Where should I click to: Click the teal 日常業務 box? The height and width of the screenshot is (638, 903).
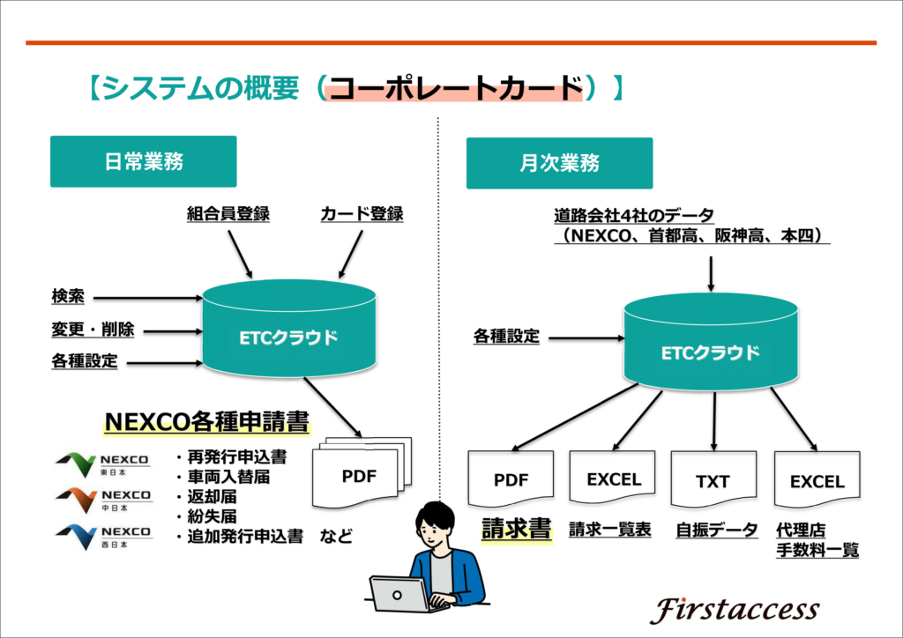(x=144, y=161)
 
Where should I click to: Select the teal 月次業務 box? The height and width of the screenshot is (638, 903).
(x=559, y=163)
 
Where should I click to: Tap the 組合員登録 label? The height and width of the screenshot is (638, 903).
(x=228, y=214)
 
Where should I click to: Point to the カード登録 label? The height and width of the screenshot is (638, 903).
(x=362, y=214)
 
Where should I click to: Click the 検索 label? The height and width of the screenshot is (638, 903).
(x=68, y=296)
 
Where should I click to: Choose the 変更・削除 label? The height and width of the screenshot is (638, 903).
(x=93, y=329)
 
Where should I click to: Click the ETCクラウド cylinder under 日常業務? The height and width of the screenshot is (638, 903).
(x=289, y=328)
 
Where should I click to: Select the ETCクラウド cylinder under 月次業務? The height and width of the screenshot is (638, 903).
(x=712, y=342)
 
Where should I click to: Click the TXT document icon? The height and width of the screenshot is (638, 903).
(x=713, y=479)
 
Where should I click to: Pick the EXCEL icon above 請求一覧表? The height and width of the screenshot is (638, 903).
(x=612, y=478)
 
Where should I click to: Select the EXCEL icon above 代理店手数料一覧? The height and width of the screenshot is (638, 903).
(x=817, y=479)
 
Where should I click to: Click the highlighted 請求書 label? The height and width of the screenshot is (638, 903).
(x=517, y=530)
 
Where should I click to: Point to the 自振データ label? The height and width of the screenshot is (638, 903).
(x=716, y=530)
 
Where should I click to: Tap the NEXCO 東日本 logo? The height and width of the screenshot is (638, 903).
(x=103, y=464)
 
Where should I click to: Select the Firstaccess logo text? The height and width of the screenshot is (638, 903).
(x=735, y=610)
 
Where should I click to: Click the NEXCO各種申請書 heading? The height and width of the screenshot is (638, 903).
(x=206, y=422)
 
